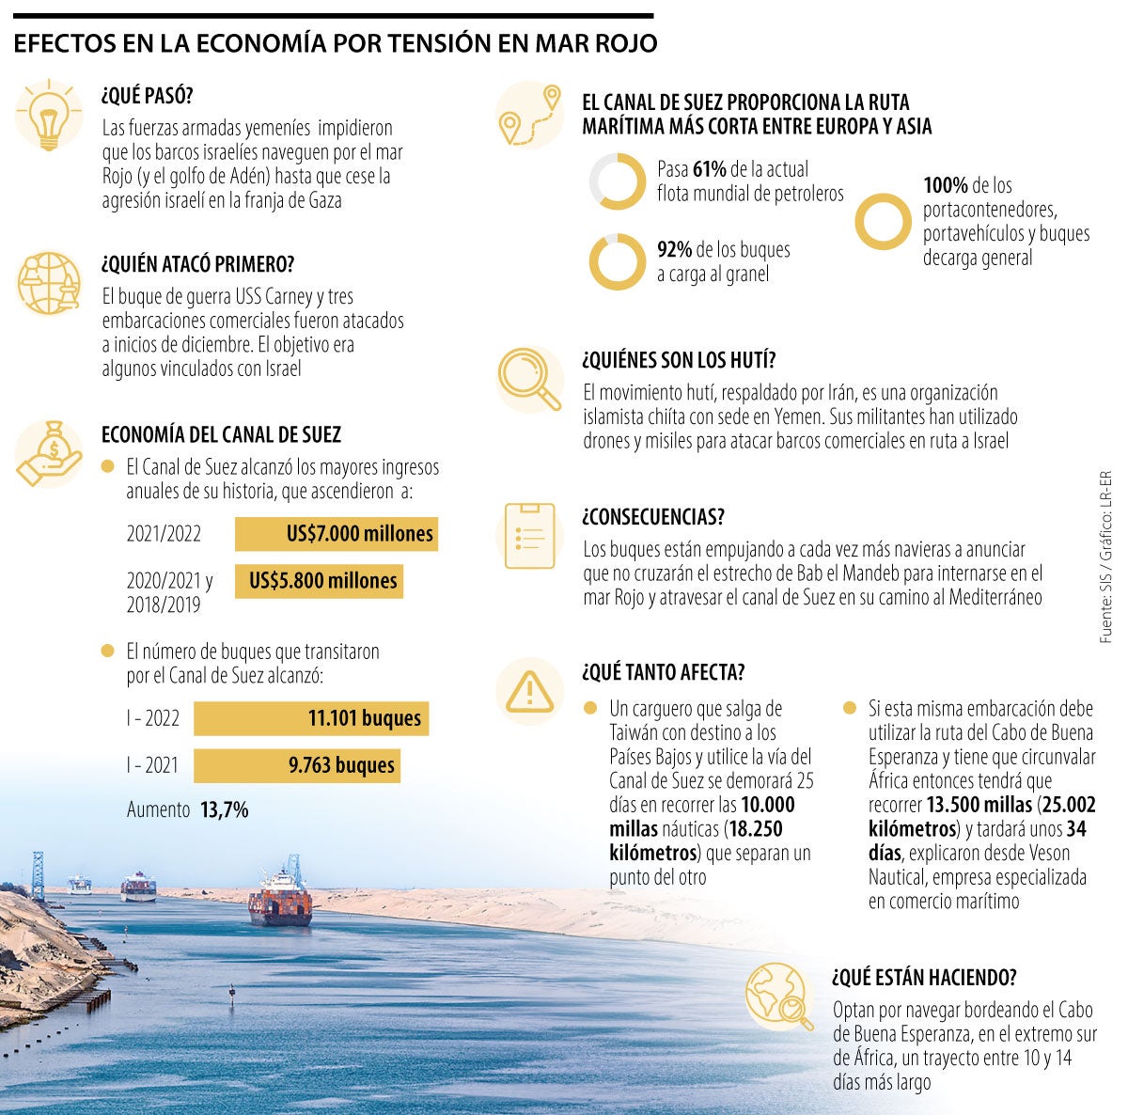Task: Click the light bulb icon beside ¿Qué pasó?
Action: click(45, 115)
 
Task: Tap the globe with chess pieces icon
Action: click(45, 281)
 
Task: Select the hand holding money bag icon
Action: click(45, 452)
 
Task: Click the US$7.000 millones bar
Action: click(336, 534)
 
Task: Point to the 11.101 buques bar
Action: click(311, 718)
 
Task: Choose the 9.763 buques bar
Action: click(296, 765)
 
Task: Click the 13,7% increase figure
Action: click(224, 809)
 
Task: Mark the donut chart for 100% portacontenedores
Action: click(884, 221)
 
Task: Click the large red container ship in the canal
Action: click(280, 898)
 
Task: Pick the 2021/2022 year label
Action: click(164, 535)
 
